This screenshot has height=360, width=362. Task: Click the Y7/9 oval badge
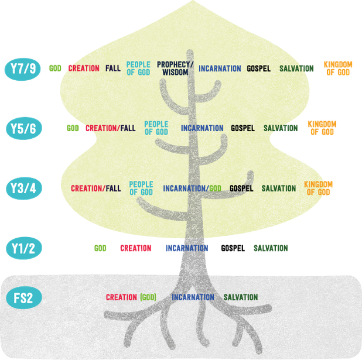click(x=23, y=69)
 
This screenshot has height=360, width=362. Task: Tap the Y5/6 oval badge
click(x=24, y=128)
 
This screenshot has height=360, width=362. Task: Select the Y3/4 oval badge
click(x=24, y=188)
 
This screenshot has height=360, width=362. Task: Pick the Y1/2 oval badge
click(x=24, y=248)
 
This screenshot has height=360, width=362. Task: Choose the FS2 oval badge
click(x=24, y=298)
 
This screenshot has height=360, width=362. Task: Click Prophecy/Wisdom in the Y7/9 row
click(x=175, y=68)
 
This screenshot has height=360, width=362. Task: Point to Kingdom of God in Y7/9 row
click(x=338, y=68)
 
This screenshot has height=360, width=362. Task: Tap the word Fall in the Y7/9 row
click(x=113, y=68)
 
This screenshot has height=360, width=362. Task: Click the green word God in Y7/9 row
click(x=55, y=68)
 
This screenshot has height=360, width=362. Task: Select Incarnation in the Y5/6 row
click(x=202, y=128)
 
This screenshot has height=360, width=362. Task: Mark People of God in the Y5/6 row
click(x=156, y=128)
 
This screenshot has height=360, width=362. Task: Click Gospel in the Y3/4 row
click(x=241, y=188)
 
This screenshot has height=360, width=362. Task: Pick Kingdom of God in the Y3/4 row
click(x=318, y=188)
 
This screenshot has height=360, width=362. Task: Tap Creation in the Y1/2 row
click(x=136, y=248)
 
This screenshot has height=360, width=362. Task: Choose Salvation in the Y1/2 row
click(x=271, y=248)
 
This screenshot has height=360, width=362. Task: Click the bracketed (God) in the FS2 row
click(x=148, y=297)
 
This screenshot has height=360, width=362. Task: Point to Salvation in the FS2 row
click(x=241, y=297)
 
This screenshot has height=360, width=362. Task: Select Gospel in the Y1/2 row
click(x=233, y=248)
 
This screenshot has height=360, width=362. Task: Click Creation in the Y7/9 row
click(x=84, y=68)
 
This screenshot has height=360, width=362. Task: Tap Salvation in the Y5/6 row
click(x=281, y=128)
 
